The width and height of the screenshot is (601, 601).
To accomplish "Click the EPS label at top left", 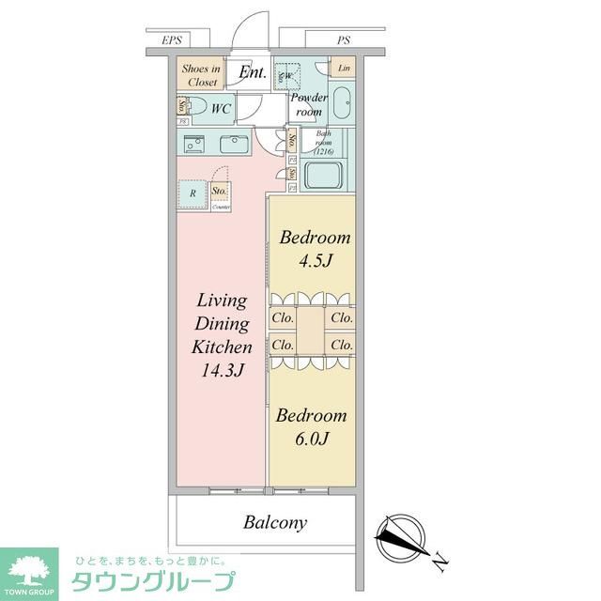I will (x=172, y=41).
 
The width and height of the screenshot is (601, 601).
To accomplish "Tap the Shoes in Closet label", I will (x=202, y=75).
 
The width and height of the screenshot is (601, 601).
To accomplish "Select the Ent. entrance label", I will (x=252, y=72).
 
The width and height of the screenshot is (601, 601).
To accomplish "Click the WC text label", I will (x=220, y=109).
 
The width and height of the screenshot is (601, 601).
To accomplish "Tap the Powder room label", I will (x=308, y=104).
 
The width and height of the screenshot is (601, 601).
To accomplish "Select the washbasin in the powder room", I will (x=340, y=102).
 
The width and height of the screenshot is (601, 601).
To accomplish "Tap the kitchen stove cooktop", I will (x=194, y=145).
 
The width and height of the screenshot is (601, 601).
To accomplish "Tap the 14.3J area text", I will (x=222, y=370).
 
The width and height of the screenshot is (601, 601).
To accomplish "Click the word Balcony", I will (x=275, y=523).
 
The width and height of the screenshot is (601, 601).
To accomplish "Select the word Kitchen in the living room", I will (x=222, y=347).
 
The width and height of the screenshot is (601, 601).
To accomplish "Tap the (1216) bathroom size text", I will (x=324, y=151).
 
